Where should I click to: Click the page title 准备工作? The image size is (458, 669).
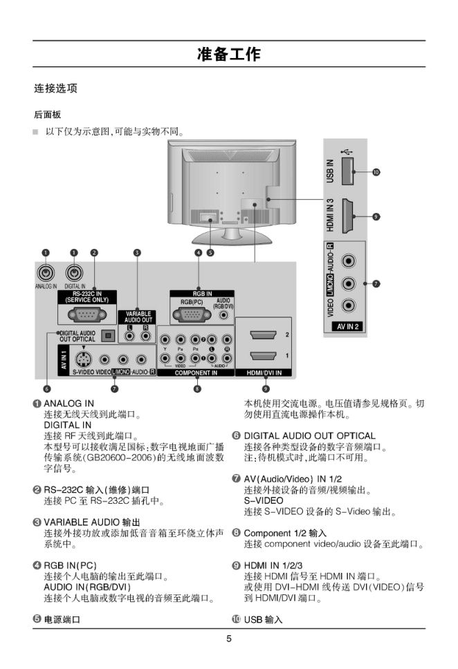point(228,54)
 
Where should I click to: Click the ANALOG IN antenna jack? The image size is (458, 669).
point(46,274)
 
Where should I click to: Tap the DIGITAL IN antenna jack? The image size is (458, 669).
point(74,274)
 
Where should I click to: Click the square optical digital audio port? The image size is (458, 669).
point(107,335)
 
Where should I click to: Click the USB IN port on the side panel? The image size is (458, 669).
point(349,171)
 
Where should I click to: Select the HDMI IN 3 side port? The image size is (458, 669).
point(349,215)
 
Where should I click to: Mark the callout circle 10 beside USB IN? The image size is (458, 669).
point(376,171)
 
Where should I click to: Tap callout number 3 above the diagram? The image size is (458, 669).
point(137,253)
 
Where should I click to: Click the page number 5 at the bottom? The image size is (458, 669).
point(229,639)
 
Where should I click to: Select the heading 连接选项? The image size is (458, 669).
point(56,88)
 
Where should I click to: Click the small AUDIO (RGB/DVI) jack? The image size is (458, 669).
point(223,315)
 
